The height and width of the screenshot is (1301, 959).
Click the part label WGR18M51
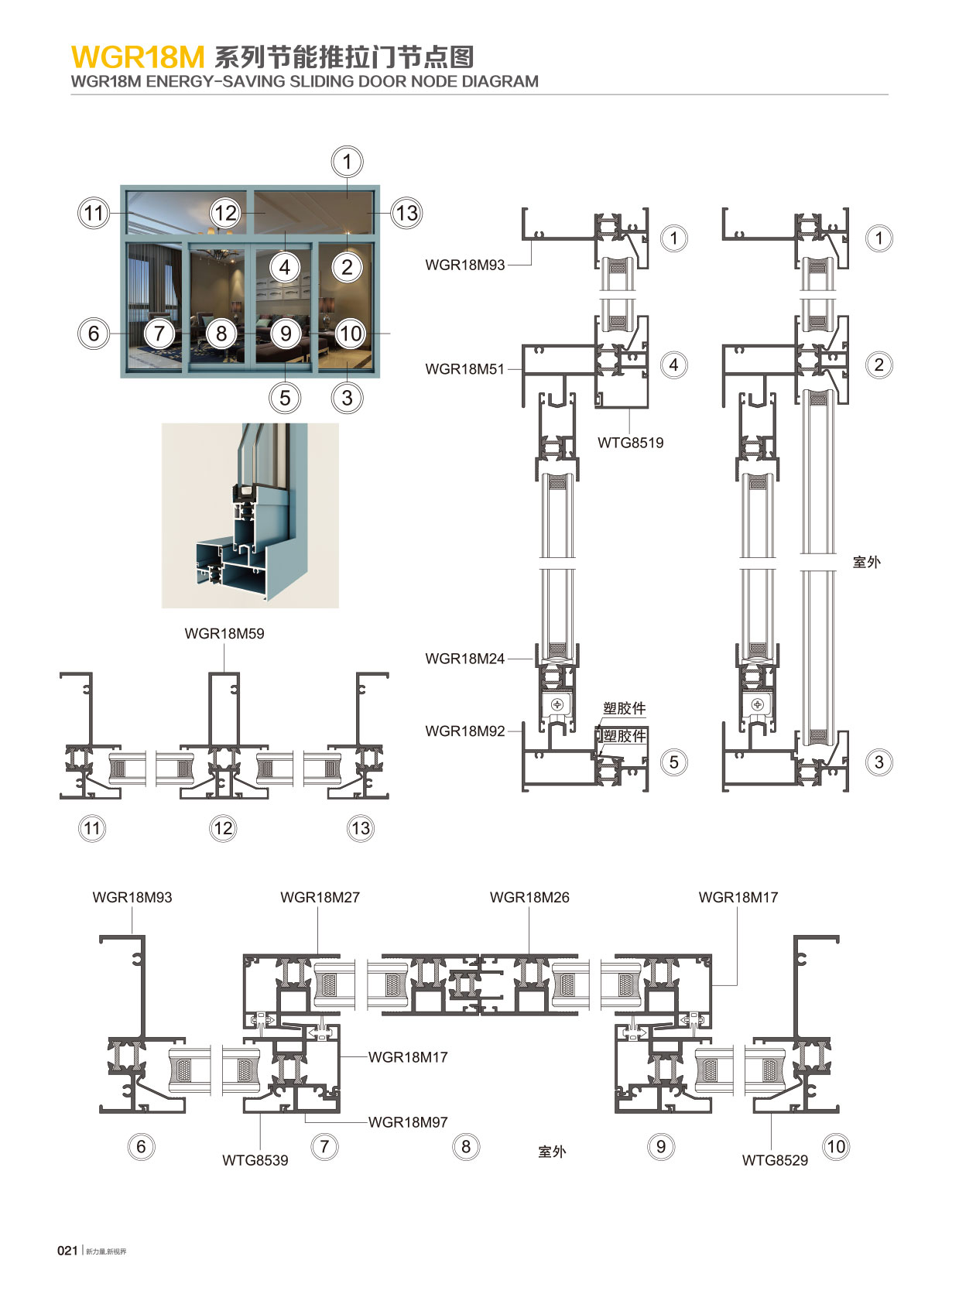[x=464, y=369]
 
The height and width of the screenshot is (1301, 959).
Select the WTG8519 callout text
[x=630, y=443]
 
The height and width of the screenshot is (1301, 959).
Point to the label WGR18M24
[x=464, y=659]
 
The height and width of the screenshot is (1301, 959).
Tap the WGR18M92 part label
[x=464, y=731]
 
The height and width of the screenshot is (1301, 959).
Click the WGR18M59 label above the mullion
[x=224, y=633]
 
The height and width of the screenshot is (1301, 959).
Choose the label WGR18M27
[x=320, y=897]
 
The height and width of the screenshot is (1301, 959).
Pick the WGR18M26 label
[x=529, y=897]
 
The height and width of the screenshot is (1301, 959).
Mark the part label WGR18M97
[x=408, y=1121]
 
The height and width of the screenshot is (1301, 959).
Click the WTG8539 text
[x=255, y=1160]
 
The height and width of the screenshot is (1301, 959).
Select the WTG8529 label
[x=775, y=1160]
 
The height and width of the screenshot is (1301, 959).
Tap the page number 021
[x=67, y=1250]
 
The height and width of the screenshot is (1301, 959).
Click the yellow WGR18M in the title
[x=138, y=57]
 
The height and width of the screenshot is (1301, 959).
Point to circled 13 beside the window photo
[x=406, y=213]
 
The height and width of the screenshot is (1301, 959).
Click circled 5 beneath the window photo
[x=285, y=398]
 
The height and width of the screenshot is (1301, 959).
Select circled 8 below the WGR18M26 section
[x=466, y=1146]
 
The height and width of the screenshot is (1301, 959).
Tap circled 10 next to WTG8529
[x=836, y=1146]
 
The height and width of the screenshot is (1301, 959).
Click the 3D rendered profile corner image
[x=250, y=515]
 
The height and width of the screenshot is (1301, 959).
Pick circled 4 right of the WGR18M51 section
[x=673, y=365]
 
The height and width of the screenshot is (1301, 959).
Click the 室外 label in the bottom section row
[x=552, y=1152]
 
